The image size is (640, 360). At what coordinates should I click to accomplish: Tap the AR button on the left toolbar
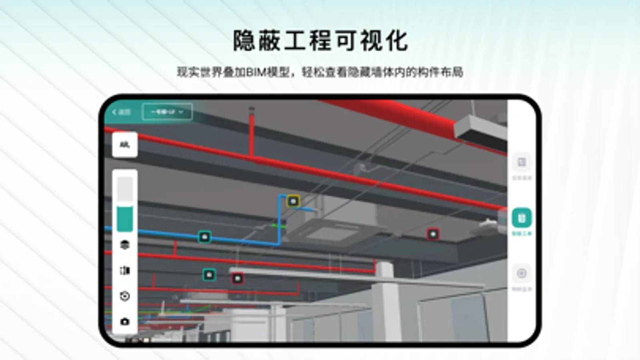point(124,144)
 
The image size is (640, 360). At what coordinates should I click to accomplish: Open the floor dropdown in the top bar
point(167,112)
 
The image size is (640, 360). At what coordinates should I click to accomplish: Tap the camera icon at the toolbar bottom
point(124,321)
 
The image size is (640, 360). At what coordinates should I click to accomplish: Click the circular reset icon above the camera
point(124,296)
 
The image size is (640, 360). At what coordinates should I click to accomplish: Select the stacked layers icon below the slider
point(124,244)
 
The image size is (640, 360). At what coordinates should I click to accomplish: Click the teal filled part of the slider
point(124,219)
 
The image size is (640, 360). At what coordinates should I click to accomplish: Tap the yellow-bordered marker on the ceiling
point(293,201)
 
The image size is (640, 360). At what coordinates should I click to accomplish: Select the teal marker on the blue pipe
point(205,237)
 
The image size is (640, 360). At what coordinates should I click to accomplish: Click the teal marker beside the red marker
point(209,275)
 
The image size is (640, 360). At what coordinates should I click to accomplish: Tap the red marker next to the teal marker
point(237,278)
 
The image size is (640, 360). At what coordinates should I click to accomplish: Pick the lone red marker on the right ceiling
point(433,234)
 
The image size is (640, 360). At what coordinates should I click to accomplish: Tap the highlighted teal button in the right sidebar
point(521,218)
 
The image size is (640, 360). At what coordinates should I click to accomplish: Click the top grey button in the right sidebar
point(521,162)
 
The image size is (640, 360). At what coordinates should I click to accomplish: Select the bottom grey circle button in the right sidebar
point(521,274)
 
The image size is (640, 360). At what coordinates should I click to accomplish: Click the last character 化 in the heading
point(397,41)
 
